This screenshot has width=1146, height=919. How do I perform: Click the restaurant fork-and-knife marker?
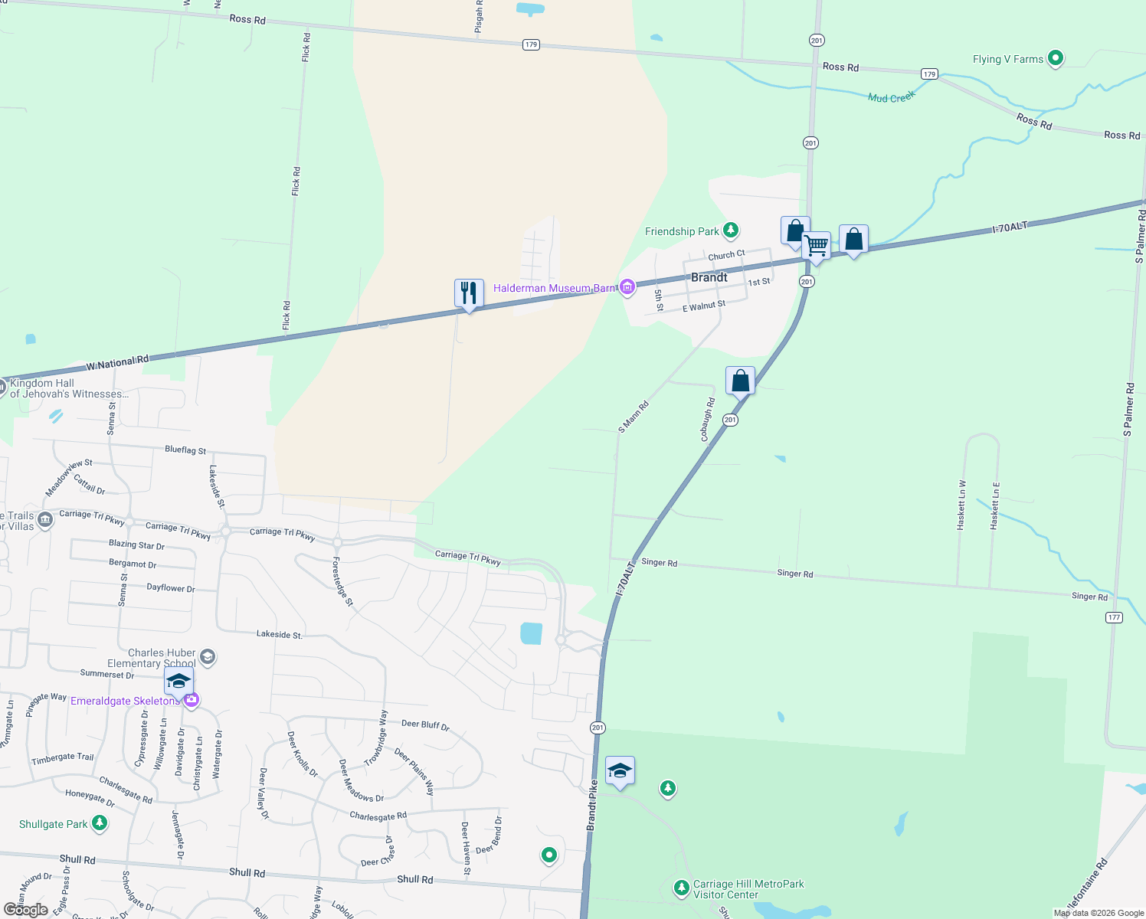469,293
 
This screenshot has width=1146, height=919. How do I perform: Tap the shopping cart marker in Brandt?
817,247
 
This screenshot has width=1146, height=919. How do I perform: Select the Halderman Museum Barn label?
554,288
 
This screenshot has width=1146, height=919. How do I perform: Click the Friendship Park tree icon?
731,231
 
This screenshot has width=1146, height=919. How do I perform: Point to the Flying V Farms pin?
1055,57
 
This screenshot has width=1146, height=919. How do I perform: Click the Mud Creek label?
891,97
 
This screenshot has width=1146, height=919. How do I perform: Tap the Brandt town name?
709,277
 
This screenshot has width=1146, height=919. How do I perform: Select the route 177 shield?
1114,617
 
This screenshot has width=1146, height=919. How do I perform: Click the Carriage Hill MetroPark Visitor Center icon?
681,888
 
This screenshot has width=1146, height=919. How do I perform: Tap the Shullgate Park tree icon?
99,823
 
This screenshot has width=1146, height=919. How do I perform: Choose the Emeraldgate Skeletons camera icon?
191,699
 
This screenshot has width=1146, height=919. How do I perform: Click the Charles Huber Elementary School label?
152,658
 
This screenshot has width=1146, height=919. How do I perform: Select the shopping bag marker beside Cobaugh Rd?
740,381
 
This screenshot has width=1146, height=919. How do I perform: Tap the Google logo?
25,909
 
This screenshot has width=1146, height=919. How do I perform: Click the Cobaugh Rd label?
707,420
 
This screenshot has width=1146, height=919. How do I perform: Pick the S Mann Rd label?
634,417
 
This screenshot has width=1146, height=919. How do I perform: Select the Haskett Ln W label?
961,505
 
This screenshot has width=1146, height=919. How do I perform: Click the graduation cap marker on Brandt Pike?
620,770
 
